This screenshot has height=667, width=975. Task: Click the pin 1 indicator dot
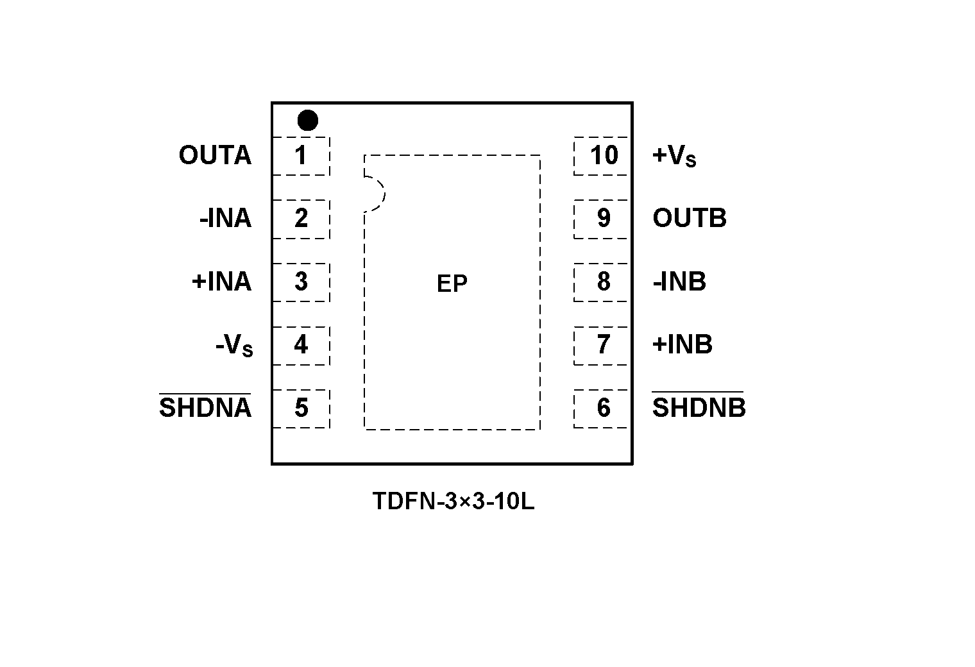pos(308,120)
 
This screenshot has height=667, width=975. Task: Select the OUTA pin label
pos(215,156)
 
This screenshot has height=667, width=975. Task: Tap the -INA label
pos(225,219)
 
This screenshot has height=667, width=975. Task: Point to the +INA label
pos(221,282)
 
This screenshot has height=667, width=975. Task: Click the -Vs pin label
pos(234,346)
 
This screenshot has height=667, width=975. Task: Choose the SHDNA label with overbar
pos(205,407)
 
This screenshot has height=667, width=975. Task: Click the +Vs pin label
pos(674,156)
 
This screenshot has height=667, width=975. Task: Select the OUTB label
pos(689,219)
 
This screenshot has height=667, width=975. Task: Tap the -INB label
pos(679,282)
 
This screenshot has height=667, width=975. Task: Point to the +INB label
pos(682,344)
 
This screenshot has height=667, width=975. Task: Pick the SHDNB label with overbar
pos(699,407)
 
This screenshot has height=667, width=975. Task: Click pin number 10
pos(604,155)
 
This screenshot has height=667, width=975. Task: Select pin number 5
pos(301,408)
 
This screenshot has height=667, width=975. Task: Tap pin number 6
pos(604,408)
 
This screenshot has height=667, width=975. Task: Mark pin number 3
pos(301,282)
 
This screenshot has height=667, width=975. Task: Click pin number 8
pos(604,282)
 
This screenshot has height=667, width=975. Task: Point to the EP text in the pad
pos(452,283)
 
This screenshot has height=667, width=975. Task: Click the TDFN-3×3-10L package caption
pos(453,502)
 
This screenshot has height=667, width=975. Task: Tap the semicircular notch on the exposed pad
pos(375,193)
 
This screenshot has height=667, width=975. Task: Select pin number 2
pos(301,219)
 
